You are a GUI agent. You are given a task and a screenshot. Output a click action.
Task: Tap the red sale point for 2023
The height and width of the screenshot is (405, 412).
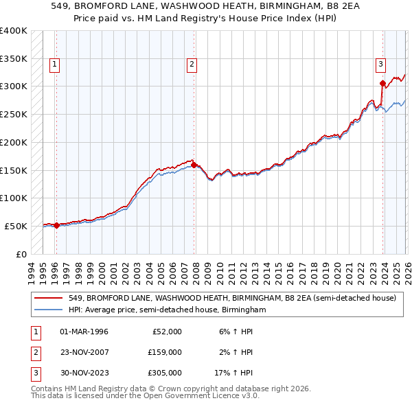382,84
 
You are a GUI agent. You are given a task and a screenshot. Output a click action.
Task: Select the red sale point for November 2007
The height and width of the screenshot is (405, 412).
194,165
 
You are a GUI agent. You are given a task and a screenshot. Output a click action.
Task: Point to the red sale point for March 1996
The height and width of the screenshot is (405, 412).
56,225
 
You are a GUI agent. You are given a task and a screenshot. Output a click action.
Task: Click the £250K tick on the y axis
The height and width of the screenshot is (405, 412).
14,114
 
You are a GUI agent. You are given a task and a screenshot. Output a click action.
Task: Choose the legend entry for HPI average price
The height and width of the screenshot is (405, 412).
166,310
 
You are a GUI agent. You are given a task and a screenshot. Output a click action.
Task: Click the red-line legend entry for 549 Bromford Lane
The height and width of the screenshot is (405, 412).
232,299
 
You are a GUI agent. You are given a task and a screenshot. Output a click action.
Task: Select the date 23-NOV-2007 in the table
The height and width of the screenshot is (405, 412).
84,352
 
